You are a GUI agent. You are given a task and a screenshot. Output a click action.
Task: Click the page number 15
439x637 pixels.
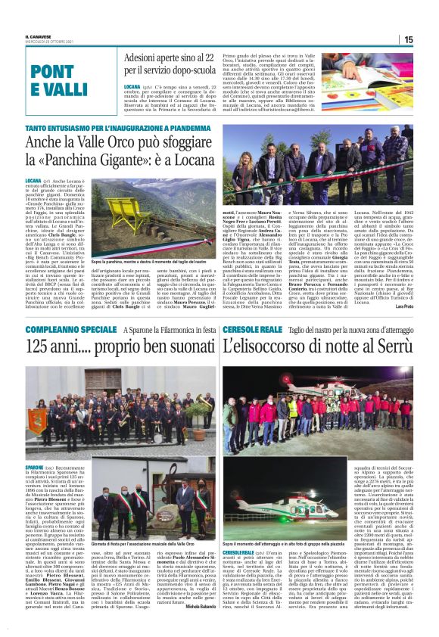(408, 39)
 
